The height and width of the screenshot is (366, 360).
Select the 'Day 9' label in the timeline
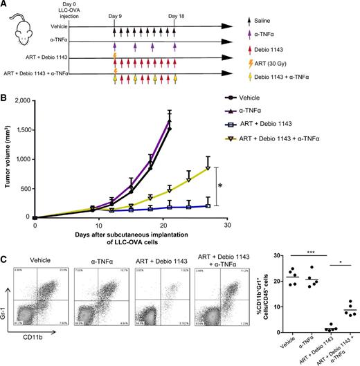pos(116,15)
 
